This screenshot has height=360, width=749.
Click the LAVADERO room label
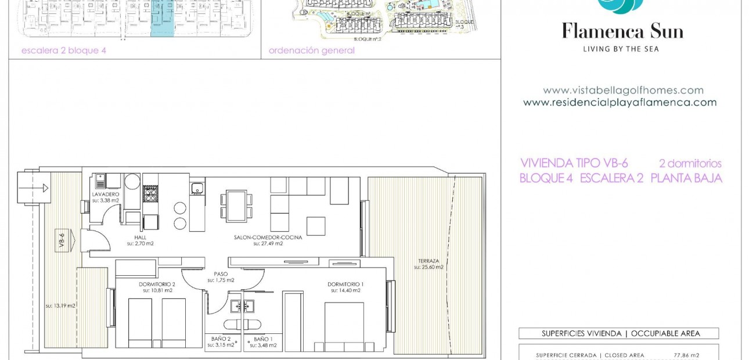click(106, 194)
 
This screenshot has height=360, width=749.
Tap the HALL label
click(141, 237)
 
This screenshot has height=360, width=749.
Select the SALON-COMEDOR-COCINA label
click(268, 237)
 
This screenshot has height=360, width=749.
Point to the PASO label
click(221, 273)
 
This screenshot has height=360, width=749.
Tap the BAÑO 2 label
click(221, 339)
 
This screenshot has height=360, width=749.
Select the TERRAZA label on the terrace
click(428, 261)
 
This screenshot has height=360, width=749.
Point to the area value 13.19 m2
click(61, 305)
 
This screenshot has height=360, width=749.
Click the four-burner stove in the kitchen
click(150, 193)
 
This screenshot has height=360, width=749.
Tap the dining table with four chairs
click(236, 206)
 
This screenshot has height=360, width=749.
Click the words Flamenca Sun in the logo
click(622, 31)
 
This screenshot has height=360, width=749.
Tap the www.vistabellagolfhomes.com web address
click(623, 91)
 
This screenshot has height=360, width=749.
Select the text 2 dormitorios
click(690, 164)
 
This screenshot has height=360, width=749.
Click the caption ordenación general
click(312, 51)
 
